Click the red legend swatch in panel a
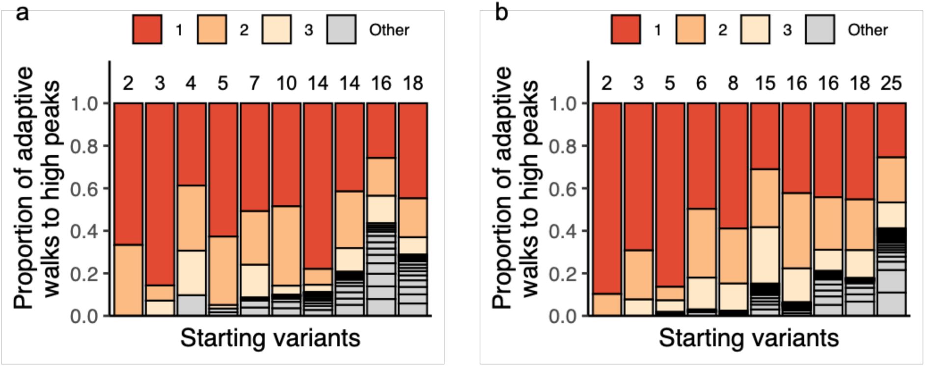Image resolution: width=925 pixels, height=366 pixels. (x=147, y=29)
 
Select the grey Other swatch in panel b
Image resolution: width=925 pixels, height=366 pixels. (x=820, y=29)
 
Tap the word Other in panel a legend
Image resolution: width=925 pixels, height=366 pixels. (x=389, y=30)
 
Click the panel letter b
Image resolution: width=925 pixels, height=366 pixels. (x=501, y=12)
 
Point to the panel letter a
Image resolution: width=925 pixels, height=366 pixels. (x=23, y=12)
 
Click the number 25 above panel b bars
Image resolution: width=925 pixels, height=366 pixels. (x=891, y=83)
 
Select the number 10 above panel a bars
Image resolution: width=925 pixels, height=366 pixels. (x=286, y=83)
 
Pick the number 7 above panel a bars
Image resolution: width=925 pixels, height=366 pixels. (x=254, y=83)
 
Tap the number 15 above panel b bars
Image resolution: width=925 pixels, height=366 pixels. (x=765, y=83)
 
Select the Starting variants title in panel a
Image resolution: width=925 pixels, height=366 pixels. (x=270, y=338)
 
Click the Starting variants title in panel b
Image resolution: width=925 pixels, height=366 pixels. (x=748, y=338)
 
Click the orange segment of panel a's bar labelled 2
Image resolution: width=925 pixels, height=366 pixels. (x=129, y=280)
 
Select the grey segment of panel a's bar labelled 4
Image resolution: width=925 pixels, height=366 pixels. (x=191, y=305)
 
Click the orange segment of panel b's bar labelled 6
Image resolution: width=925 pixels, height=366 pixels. (x=701, y=243)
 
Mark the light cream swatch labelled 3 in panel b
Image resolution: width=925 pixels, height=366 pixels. (x=755, y=29)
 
